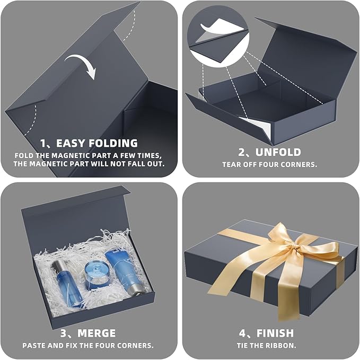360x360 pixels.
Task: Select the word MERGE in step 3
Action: [x=96, y=333]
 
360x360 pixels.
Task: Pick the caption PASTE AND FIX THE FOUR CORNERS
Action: [x=88, y=345]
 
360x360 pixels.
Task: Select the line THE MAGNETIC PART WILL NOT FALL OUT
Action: [x=88, y=164]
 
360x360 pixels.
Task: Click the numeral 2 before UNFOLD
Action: [x=242, y=153]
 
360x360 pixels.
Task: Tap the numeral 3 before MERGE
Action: [x=64, y=333]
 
